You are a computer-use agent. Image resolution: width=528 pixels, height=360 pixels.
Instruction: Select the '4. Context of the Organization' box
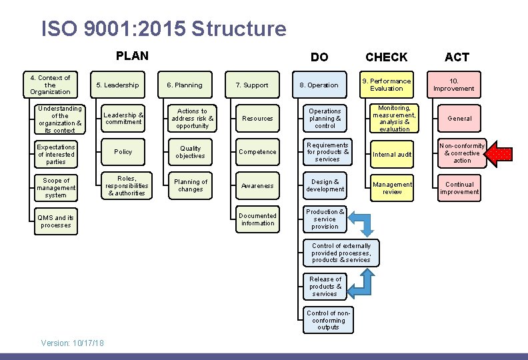(50, 85)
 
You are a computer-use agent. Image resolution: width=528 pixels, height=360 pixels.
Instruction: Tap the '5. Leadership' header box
(118, 85)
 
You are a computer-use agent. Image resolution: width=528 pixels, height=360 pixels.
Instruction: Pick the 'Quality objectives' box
(191, 152)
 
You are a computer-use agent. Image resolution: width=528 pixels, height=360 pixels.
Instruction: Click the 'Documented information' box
(257, 219)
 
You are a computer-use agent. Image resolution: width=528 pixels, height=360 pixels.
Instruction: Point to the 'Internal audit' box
(392, 155)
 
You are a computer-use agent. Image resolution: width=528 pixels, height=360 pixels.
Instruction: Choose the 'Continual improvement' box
(459, 188)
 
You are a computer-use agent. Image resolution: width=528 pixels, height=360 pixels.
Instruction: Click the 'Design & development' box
(325, 185)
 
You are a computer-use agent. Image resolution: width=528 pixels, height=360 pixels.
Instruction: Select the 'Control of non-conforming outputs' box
(328, 321)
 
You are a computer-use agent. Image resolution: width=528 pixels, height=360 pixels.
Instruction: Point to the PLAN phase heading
(132, 56)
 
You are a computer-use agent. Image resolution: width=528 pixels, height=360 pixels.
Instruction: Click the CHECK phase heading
(386, 57)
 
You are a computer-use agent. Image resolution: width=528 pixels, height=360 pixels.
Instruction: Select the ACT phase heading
(457, 57)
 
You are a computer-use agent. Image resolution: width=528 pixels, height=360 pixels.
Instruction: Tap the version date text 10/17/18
(87, 343)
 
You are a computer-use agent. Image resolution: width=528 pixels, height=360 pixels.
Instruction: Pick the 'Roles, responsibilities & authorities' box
(125, 186)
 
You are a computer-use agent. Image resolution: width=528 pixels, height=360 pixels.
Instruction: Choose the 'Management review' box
(392, 188)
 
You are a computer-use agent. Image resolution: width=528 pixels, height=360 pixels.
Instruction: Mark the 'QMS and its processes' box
(56, 221)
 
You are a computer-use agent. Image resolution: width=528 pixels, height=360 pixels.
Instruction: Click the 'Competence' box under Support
(257, 152)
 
